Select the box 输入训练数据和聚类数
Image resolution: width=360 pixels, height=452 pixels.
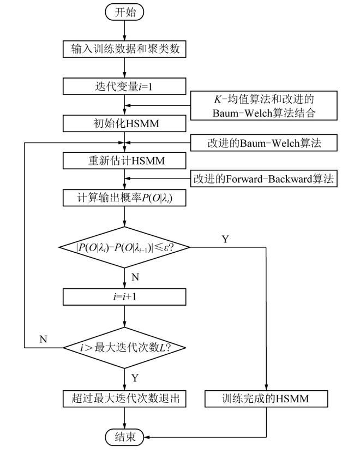tap(125, 50)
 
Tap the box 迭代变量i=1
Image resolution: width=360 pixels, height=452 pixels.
tap(125, 86)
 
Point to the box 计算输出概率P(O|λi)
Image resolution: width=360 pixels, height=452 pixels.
tap(125, 198)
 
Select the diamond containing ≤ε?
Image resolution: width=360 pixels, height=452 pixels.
tap(125, 247)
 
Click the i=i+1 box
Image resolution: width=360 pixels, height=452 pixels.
tap(125, 297)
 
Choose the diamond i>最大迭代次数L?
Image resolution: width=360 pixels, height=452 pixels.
tap(125, 347)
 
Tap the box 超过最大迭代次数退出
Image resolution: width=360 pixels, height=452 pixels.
tap(125, 399)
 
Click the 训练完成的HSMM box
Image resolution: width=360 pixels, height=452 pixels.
tap(266, 399)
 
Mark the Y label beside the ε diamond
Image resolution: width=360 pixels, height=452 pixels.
tap(225, 239)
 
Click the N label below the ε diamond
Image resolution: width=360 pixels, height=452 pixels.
tap(136, 277)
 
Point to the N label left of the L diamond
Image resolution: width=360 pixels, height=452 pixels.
tap(43, 339)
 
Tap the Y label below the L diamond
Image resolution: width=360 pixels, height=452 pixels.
tap(136, 377)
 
